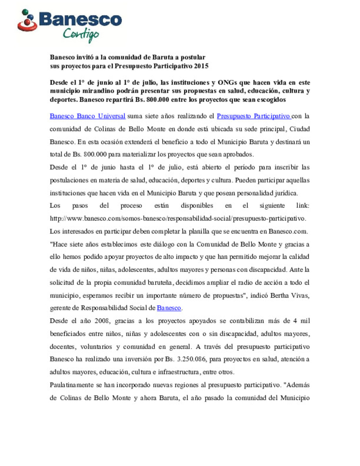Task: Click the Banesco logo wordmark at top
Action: (x=80, y=20)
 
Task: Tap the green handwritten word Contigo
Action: (x=81, y=35)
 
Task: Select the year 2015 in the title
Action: (x=201, y=66)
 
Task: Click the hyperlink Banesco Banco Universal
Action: (x=87, y=116)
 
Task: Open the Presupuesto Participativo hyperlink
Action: (x=253, y=116)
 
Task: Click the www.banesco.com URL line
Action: (x=178, y=218)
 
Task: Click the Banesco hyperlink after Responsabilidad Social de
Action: (x=169, y=308)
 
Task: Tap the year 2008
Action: (x=102, y=321)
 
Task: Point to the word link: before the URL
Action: (x=303, y=205)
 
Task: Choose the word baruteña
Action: (x=156, y=282)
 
